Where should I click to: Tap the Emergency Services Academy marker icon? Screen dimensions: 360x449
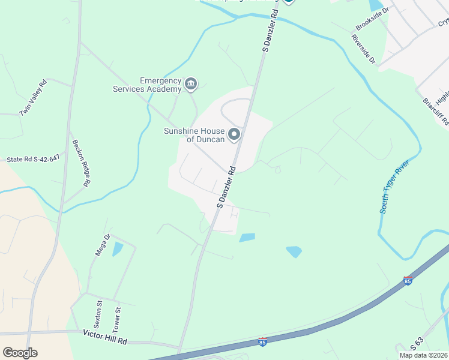coord(191,83)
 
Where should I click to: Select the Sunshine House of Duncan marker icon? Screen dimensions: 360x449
coord(235,133)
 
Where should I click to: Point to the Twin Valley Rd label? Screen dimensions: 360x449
coord(33,97)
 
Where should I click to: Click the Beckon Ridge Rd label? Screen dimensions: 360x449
coord(80,164)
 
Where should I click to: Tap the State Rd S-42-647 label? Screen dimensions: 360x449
coord(33,160)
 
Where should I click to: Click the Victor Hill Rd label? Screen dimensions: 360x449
coord(105,340)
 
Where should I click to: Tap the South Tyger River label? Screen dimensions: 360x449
coord(394,187)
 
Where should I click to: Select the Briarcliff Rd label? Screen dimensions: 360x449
coord(435,112)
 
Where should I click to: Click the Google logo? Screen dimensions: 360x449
coord(20,353)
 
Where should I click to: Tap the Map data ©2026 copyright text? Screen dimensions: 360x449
coord(424,355)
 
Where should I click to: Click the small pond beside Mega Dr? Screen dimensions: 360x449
coord(118,248)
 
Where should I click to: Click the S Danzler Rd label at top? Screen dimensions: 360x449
coord(271,30)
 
